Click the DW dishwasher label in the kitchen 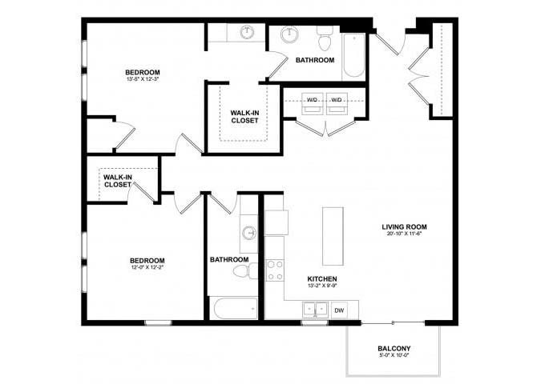[x=339, y=310]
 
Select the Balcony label [x=394, y=349]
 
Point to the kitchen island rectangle [x=333, y=236]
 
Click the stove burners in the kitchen [x=276, y=270]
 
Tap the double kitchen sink [x=314, y=309]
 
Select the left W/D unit [x=313, y=100]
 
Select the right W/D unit [x=337, y=100]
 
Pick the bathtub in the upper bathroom [x=353, y=56]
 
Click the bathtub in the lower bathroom [x=233, y=308]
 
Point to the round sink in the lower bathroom [x=249, y=234]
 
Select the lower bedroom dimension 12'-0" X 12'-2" [x=147, y=270]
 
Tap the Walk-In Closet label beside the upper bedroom [x=244, y=117]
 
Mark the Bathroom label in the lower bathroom [x=229, y=259]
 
